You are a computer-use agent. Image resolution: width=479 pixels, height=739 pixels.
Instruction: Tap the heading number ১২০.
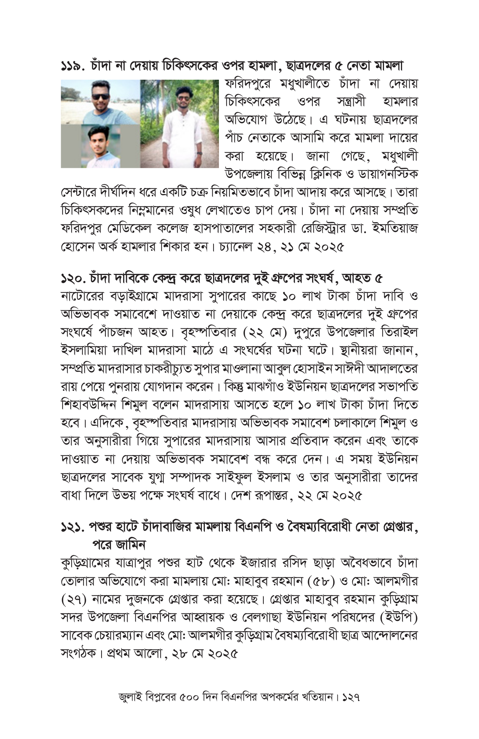coord(74,279)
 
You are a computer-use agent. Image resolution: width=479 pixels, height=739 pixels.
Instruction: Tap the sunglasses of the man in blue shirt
coord(100,96)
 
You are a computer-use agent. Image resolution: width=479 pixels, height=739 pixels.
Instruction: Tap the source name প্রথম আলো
coord(134,653)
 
